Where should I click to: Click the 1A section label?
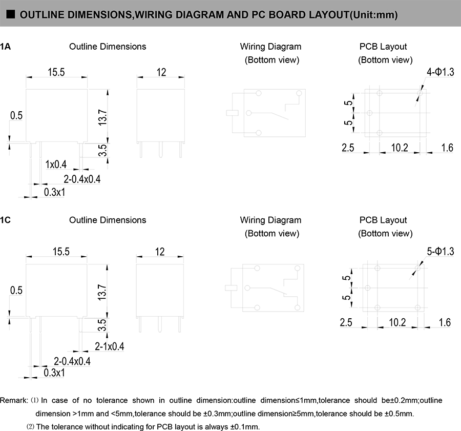(x=5, y=47)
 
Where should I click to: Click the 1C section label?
(x=5, y=220)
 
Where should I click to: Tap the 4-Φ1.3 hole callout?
(x=440, y=73)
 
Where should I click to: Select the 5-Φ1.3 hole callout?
(x=440, y=251)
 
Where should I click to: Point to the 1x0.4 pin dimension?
(x=56, y=165)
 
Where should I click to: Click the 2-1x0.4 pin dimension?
(x=110, y=347)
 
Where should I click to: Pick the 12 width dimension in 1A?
(x=161, y=73)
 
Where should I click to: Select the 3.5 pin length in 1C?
(x=102, y=325)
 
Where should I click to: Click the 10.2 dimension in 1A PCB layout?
(x=400, y=148)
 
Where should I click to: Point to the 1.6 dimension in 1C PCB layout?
(x=445, y=322)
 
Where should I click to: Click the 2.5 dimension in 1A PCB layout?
(x=348, y=148)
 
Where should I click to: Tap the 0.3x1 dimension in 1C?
(x=54, y=373)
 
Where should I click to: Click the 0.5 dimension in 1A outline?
(x=16, y=116)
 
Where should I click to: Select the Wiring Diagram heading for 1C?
(x=270, y=220)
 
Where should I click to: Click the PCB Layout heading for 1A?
(x=383, y=47)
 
